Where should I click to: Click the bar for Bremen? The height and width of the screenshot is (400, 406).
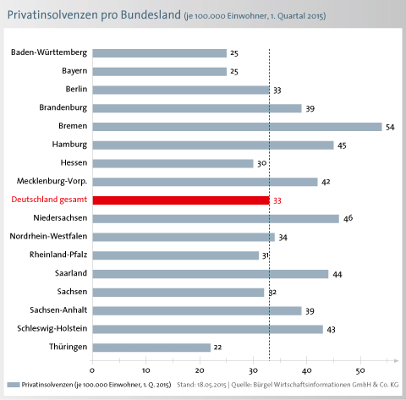237,127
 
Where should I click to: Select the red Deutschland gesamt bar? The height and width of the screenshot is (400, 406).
181,200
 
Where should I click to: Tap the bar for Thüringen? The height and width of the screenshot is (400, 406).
151,348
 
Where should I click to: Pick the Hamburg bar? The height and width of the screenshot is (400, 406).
213,145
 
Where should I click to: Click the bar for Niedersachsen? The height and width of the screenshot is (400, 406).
216,219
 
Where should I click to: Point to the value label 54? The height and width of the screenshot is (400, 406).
390,128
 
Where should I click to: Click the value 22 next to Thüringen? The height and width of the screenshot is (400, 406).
217,348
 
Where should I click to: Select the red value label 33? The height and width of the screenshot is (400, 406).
277,200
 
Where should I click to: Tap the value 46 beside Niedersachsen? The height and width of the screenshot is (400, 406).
348,218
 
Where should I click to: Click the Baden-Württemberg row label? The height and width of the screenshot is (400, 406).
49,52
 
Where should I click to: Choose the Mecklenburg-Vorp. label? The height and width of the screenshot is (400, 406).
52,181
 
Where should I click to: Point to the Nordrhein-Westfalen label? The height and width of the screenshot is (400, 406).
48,236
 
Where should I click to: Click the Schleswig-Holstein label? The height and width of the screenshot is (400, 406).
52,329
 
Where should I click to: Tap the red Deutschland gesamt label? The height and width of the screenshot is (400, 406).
49,200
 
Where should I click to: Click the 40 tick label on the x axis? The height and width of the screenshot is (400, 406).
307,370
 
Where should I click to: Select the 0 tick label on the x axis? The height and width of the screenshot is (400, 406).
92,370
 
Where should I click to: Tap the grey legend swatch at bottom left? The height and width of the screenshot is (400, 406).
14,385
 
